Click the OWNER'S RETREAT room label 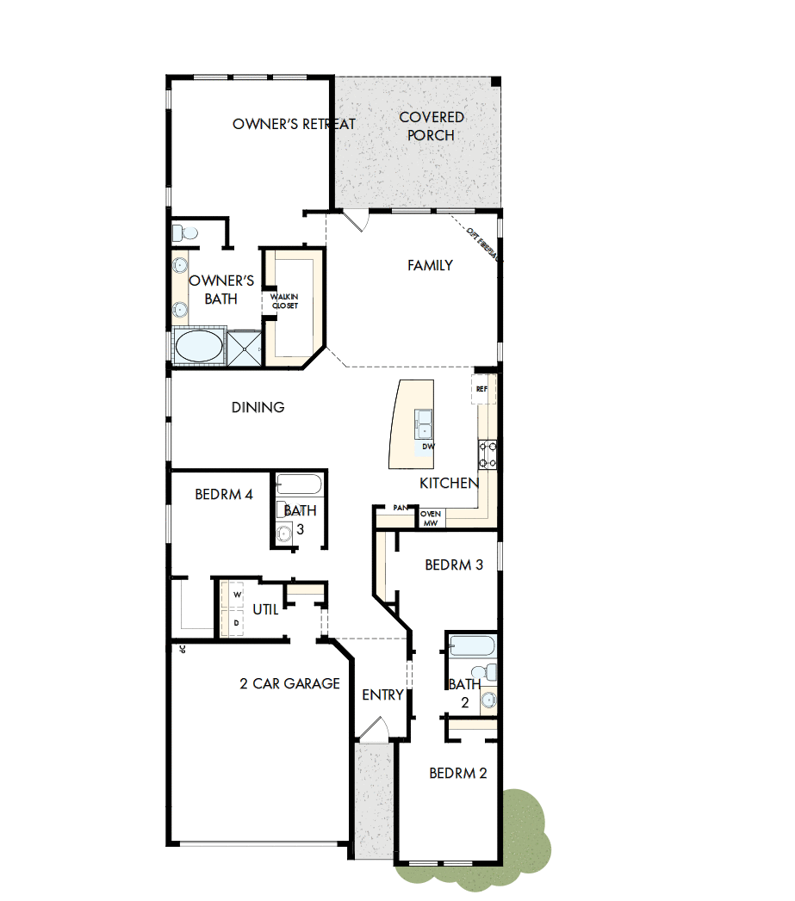coord(294,124)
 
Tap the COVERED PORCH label coord(432,126)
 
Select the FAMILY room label coord(430,265)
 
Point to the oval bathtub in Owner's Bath coord(198,347)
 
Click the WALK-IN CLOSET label coord(285,301)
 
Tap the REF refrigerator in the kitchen coord(481,389)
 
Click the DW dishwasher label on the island coord(428,447)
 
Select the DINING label coord(258,407)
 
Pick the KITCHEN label coord(449,483)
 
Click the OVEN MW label coord(431,518)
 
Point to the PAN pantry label coord(400,508)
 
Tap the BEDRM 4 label coord(223,495)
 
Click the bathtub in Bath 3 coord(299,484)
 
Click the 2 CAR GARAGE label coord(289,684)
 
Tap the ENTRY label coord(382,694)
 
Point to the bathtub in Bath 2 coord(471,645)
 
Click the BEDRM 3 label coord(454,565)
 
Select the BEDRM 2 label coord(458,774)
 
